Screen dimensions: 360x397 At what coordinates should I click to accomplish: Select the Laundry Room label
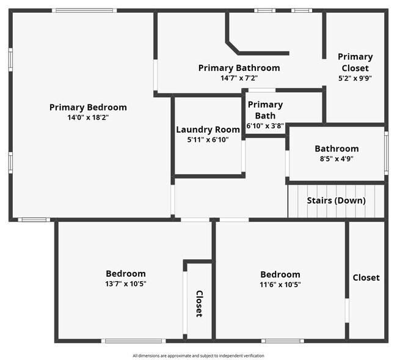click(x=208, y=130)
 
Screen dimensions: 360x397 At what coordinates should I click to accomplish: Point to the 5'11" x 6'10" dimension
click(x=208, y=139)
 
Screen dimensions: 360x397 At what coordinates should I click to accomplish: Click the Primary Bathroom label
click(x=239, y=68)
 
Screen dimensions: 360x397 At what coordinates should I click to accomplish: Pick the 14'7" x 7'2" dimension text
click(x=239, y=78)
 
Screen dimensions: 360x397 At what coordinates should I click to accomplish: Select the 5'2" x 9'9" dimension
click(x=355, y=78)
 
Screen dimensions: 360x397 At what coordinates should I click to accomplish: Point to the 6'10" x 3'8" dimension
click(x=265, y=125)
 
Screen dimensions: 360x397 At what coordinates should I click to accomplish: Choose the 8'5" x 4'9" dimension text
click(x=337, y=158)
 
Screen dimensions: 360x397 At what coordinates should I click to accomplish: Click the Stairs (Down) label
click(x=336, y=200)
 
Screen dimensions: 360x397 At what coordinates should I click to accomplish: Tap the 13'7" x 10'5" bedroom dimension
click(x=126, y=284)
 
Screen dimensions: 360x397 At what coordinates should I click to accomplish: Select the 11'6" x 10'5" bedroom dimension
click(x=280, y=284)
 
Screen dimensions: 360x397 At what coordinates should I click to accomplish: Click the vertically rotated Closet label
click(x=199, y=303)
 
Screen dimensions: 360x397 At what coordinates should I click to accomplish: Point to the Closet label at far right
click(x=366, y=277)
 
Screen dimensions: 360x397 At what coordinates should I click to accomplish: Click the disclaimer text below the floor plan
click(x=198, y=356)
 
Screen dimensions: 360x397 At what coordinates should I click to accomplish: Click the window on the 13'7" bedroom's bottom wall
click(x=133, y=340)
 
